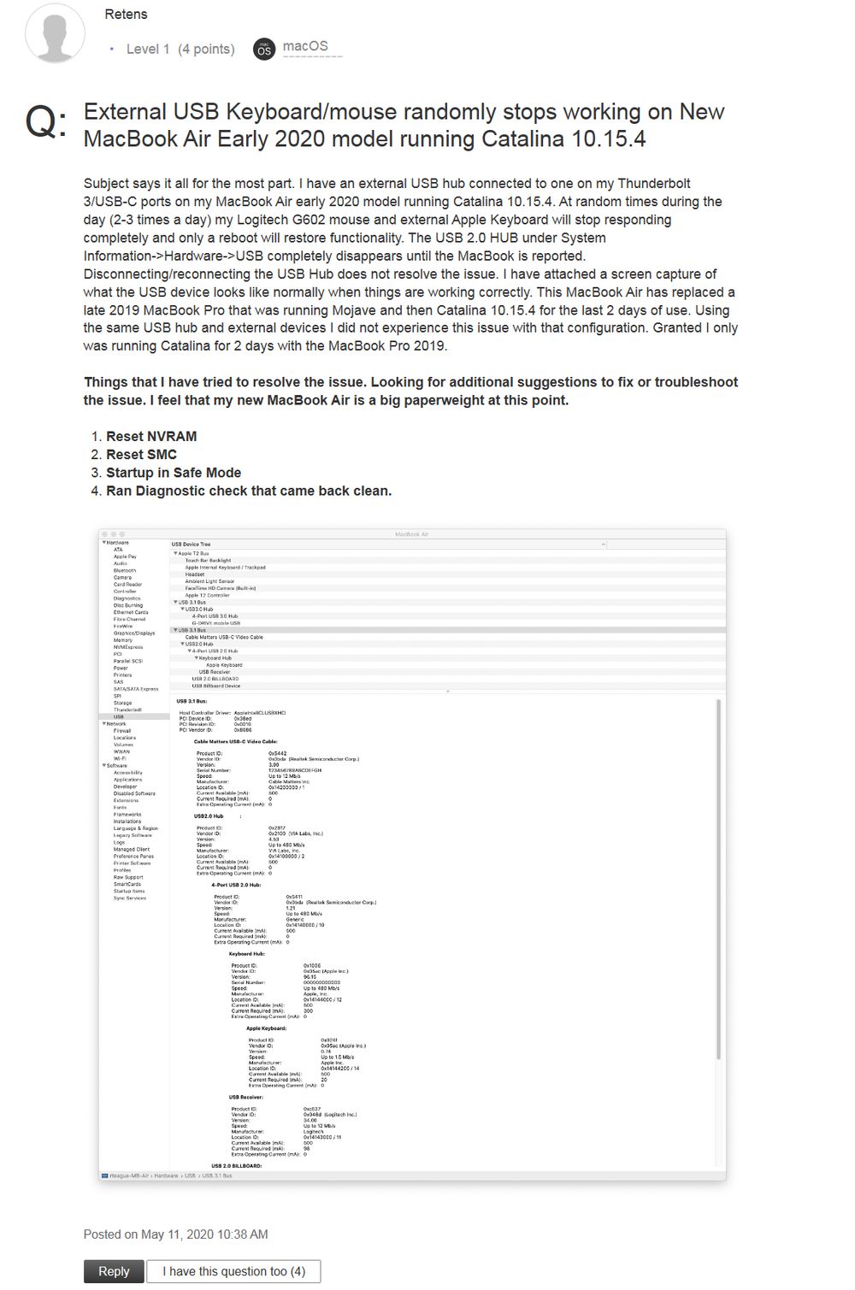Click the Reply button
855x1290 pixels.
114,1271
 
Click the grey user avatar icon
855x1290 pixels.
56,32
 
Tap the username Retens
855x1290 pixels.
126,15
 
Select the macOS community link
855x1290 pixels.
305,47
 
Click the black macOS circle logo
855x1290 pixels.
264,50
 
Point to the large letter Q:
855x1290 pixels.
45,121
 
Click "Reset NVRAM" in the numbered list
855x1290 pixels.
151,436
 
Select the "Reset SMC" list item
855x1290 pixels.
141,454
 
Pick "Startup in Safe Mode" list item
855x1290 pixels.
174,472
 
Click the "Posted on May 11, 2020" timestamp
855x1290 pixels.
175,1234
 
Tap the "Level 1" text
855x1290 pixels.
148,50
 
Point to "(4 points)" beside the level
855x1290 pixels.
206,50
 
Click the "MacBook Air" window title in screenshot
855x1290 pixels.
411,534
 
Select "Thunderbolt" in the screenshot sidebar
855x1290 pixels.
127,710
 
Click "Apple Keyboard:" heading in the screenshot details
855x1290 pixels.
266,1028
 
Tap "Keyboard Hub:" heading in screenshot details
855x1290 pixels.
246,953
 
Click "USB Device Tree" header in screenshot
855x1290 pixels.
191,545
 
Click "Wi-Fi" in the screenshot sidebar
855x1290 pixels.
120,758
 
